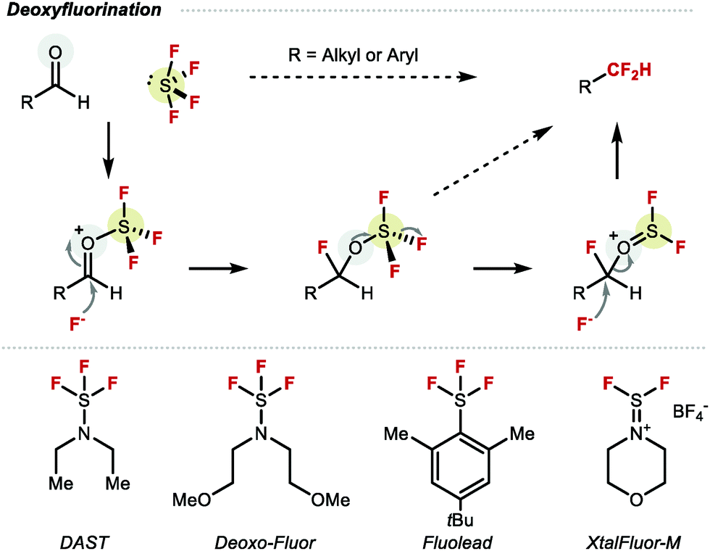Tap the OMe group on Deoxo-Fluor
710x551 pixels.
[x=333, y=500]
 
